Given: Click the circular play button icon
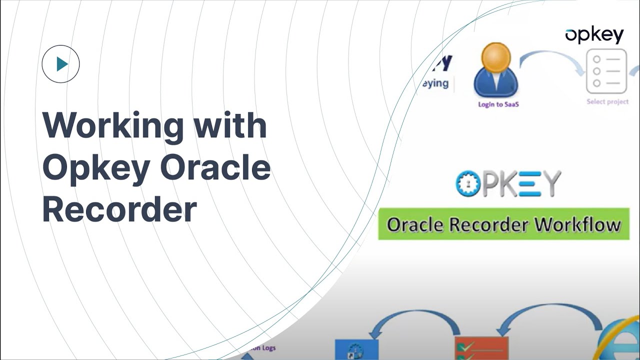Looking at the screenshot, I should pyautogui.click(x=61, y=64).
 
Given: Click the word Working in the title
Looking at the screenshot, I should pyautogui.click(x=112, y=126).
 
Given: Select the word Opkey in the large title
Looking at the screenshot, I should pyautogui.click(x=95, y=168).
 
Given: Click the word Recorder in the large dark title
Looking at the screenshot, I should pyautogui.click(x=119, y=210).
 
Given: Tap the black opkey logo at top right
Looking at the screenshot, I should pyautogui.click(x=594, y=35).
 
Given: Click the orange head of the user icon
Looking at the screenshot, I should pyautogui.click(x=496, y=56).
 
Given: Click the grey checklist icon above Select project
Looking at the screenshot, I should pyautogui.click(x=606, y=71).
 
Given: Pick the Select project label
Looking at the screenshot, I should pyautogui.click(x=607, y=102).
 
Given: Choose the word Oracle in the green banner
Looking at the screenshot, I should pyautogui.click(x=415, y=225).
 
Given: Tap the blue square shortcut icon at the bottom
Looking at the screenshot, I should pyautogui.click(x=354, y=350).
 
